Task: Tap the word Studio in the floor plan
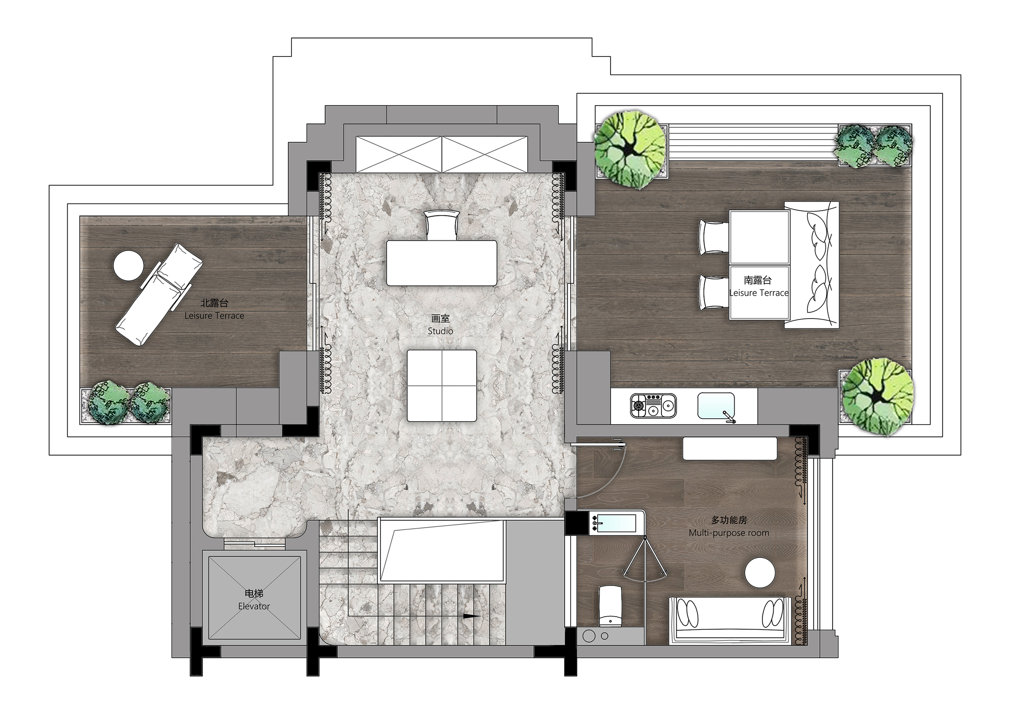[x=440, y=331]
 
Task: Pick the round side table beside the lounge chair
[x=128, y=265]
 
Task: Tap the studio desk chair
[x=442, y=225]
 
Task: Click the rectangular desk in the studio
[x=442, y=263]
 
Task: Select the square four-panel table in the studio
[x=442, y=385]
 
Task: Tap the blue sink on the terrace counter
[x=716, y=405]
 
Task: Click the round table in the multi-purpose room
[x=760, y=573]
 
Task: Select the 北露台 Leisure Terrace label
[x=214, y=309]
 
